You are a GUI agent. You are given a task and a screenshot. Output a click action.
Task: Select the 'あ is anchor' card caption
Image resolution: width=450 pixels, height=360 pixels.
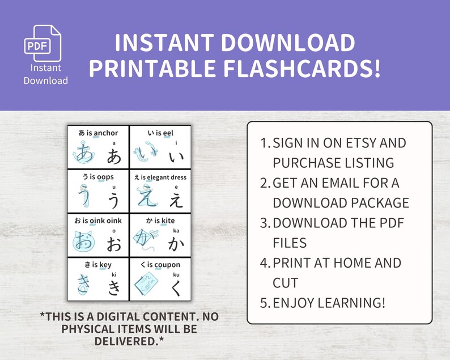coord(98,133)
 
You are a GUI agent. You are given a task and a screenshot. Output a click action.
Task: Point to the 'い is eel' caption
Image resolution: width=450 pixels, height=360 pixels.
coord(160,133)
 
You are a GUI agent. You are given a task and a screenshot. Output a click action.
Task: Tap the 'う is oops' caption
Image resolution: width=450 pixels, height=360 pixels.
coord(98,177)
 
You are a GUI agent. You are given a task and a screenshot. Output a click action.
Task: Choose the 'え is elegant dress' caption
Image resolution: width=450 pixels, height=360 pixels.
coord(160,177)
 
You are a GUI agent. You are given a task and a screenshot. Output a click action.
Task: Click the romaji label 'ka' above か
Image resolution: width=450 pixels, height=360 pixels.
coord(176,231)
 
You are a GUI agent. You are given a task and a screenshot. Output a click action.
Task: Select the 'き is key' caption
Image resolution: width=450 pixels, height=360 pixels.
coord(98,264)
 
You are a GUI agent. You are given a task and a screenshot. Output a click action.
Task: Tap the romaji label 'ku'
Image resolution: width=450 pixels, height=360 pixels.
coord(176,274)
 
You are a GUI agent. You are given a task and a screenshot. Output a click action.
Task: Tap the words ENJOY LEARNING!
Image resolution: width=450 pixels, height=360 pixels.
coord(329,303)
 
